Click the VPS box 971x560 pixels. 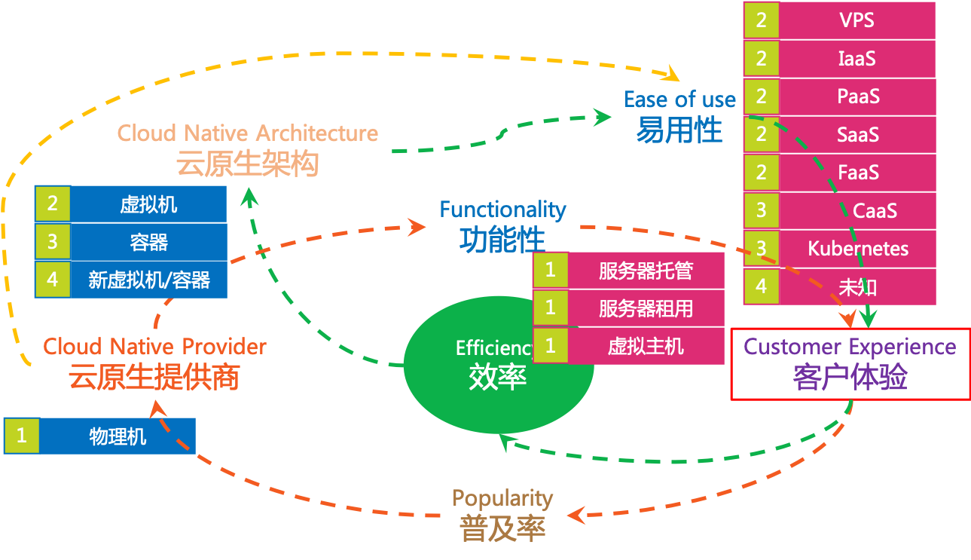856,20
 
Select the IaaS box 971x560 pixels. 856,58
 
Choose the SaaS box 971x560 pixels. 857,135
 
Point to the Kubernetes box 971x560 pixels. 857,249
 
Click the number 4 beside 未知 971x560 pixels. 761,286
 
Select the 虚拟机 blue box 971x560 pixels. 148,204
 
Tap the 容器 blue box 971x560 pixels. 148,242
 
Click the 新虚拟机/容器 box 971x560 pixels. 148,280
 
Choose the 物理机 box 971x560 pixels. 118,436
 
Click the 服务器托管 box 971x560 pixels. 646,271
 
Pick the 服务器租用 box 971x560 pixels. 646,308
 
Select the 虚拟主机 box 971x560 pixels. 646,345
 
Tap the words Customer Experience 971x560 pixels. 850,347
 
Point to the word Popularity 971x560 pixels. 502,498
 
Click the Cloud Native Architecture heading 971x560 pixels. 247,133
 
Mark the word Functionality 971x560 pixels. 502,209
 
